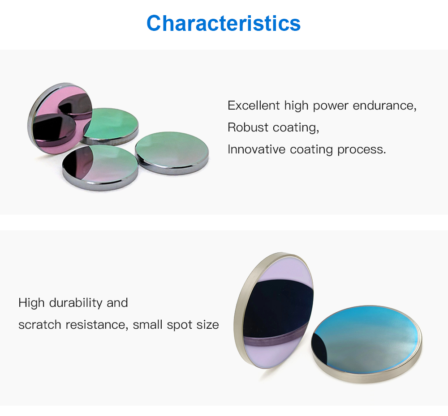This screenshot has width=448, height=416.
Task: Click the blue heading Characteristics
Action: [224, 23]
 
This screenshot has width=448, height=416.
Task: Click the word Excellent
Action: [254, 106]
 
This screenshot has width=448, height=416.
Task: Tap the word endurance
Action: [384, 106]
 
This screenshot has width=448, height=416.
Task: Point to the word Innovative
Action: [257, 149]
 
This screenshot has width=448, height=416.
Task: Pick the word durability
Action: [76, 303]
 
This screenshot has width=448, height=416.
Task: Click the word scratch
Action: [40, 325]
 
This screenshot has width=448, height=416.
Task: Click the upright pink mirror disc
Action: [60, 119]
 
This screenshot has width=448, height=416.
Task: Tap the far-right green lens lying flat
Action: [172, 153]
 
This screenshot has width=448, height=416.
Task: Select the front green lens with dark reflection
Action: [100, 167]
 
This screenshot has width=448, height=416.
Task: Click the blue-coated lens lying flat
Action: [366, 344]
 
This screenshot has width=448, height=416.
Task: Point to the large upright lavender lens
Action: [274, 310]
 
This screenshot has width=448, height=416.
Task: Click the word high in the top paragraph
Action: [296, 106]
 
